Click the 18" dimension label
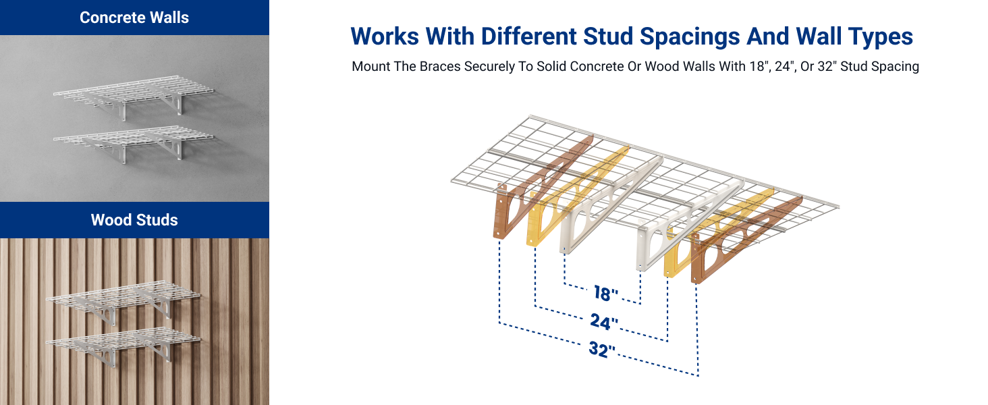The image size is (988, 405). point(606,294)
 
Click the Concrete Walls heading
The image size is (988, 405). point(134,18)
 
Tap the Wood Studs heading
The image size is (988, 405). point(134,220)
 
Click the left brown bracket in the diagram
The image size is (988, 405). point(507,209)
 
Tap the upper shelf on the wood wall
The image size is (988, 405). point(121,295)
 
